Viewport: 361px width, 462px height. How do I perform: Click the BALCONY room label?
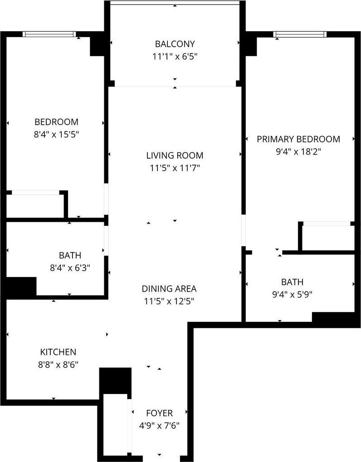[175, 44]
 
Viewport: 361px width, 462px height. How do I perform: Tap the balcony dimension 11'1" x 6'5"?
[175, 57]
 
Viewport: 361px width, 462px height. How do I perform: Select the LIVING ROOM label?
[175, 156]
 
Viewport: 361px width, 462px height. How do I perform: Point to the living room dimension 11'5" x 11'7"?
[175, 168]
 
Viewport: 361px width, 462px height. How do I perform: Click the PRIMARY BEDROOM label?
[298, 139]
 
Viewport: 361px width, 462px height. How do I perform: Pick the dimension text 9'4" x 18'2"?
[298, 152]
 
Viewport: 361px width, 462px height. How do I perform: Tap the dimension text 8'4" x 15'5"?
[57, 135]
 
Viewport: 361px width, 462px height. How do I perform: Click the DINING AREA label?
[169, 289]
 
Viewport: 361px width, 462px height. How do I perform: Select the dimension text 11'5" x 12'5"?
[169, 301]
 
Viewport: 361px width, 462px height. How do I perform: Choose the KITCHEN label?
[58, 352]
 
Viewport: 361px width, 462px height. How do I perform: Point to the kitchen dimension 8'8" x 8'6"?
[58, 365]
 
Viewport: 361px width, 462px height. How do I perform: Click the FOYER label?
[159, 413]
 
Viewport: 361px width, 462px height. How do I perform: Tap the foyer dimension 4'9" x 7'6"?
[159, 426]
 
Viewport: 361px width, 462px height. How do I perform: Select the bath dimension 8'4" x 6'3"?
[70, 268]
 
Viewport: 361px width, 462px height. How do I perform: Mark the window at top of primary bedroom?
[300, 34]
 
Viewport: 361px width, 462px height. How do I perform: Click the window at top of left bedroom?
[49, 34]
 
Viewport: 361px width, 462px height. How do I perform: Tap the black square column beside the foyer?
[115, 380]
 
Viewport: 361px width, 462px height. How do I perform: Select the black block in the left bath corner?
[20, 287]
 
